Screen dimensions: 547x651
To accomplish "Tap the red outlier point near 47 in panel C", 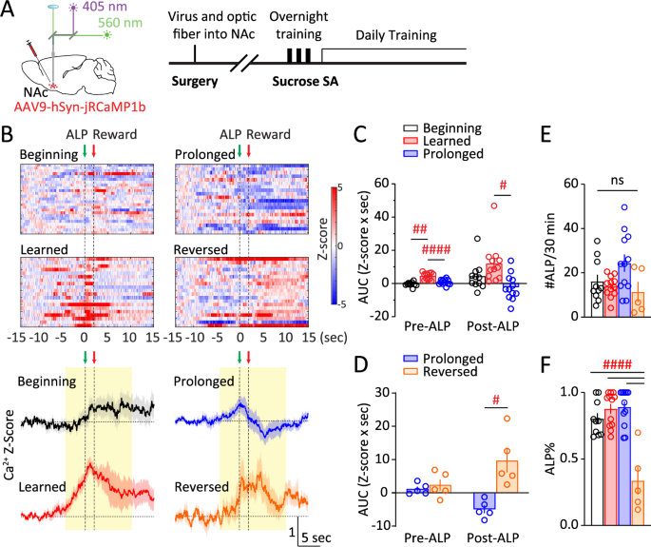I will pos(493,206).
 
